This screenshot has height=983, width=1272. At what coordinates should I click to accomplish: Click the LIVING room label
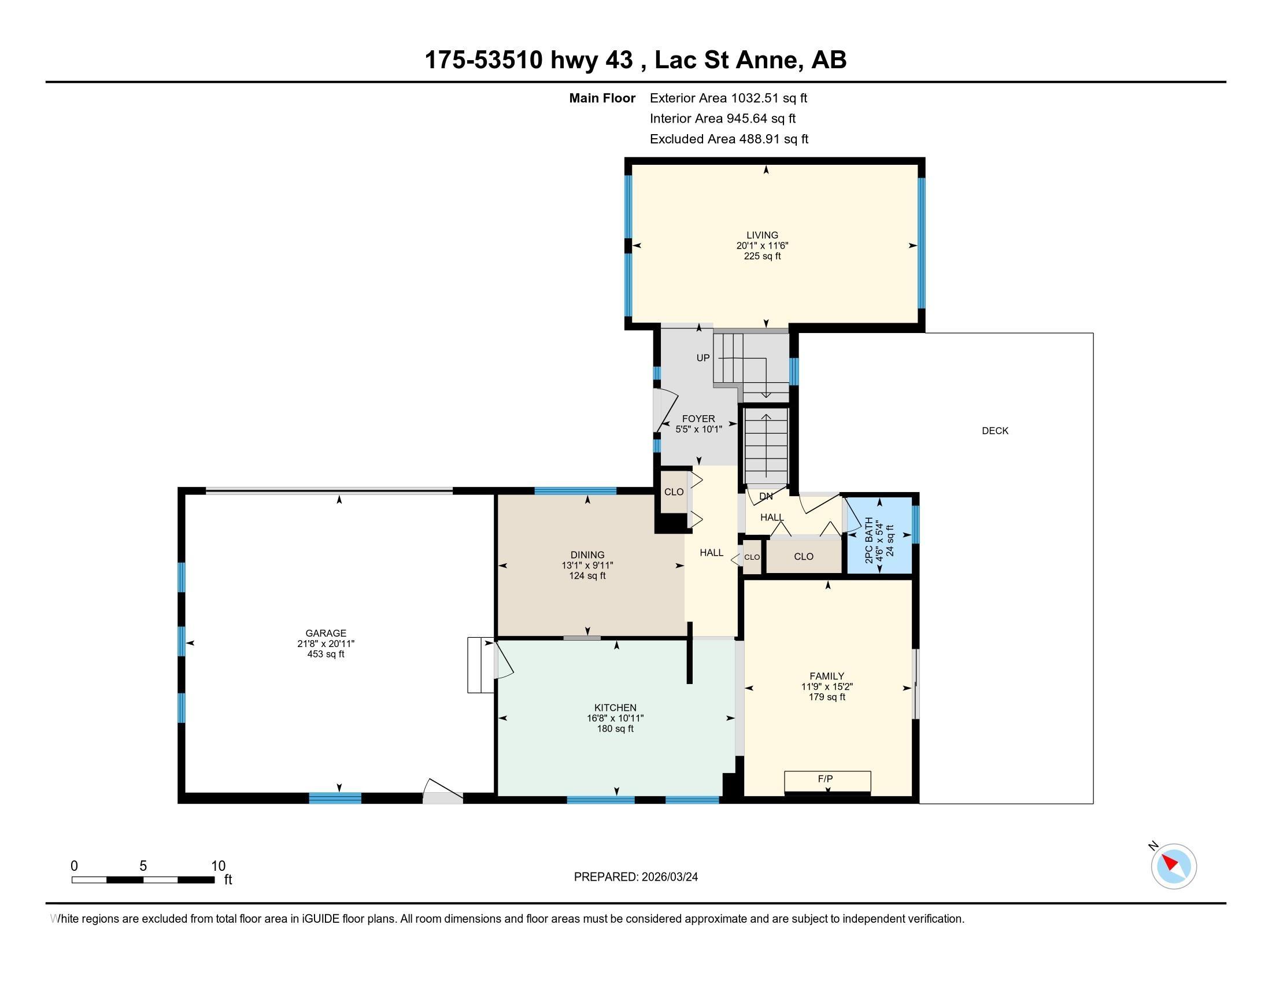point(762,235)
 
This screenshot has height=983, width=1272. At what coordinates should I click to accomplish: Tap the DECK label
point(995,431)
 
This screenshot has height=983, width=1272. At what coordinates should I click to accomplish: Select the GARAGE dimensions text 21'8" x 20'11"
point(326,644)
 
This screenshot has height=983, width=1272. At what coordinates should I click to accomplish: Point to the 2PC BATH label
point(870,541)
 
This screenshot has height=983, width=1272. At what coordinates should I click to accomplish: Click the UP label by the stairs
point(703,358)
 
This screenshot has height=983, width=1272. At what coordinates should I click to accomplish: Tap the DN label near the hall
point(766,497)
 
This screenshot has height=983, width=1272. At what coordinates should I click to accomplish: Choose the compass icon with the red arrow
point(1173,866)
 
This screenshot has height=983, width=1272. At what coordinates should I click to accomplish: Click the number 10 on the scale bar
point(218,866)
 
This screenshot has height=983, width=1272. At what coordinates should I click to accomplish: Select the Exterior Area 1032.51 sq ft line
point(728,98)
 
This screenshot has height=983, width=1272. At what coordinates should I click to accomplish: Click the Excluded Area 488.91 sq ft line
point(729,139)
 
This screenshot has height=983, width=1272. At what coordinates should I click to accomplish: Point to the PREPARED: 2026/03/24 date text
point(635,877)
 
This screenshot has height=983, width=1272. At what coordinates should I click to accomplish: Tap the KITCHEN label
point(615,708)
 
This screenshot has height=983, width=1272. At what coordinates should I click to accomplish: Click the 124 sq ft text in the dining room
point(587,576)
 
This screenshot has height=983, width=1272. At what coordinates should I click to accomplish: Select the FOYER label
point(698,419)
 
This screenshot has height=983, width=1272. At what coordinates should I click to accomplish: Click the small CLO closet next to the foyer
point(674,492)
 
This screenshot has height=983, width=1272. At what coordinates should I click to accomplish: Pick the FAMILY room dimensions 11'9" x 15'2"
point(826,686)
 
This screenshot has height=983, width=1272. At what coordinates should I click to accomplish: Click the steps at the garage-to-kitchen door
point(480,665)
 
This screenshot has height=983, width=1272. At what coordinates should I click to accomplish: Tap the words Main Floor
point(602,98)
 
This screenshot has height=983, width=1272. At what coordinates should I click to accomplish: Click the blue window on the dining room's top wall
point(575,491)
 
